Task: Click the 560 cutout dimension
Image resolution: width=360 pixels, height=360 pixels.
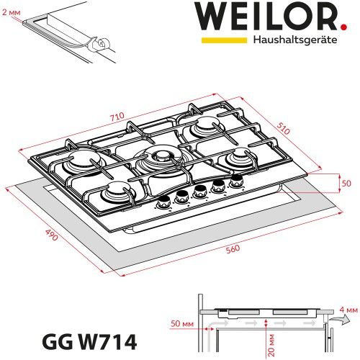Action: (231, 249)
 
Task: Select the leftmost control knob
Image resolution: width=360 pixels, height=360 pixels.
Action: (164, 202)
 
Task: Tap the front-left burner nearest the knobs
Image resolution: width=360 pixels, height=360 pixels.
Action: (115, 192)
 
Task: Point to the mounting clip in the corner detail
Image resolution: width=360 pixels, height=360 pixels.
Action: (100, 45)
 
